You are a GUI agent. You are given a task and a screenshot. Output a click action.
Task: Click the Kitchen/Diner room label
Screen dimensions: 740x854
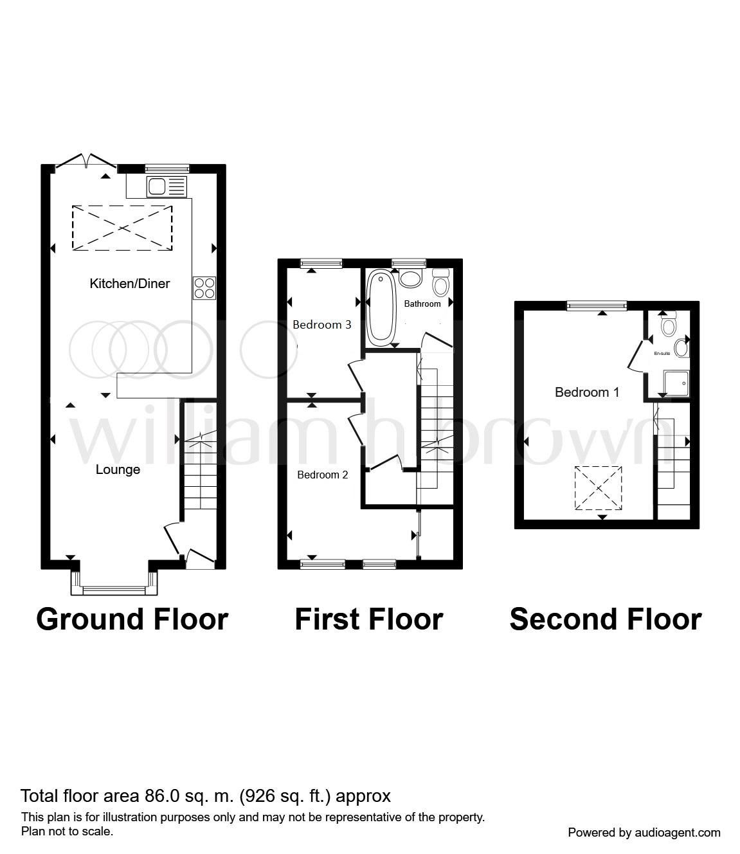(130, 284)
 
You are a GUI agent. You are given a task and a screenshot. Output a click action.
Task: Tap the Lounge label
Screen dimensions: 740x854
(118, 469)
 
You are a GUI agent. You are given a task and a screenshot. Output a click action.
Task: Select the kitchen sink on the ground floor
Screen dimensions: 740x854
(167, 186)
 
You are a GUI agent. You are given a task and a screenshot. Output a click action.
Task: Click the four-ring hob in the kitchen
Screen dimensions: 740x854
(204, 287)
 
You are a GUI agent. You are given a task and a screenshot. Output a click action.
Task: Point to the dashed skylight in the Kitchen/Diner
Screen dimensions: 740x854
(122, 228)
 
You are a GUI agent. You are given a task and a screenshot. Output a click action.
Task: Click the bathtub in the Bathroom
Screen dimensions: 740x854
(381, 308)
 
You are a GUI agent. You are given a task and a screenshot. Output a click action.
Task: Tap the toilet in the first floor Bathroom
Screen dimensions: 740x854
(441, 282)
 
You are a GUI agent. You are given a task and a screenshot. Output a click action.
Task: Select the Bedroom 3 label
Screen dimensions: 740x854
(322, 324)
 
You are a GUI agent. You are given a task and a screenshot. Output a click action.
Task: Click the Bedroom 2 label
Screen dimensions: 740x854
(323, 475)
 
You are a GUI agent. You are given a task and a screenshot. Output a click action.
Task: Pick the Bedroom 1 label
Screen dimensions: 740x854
(587, 392)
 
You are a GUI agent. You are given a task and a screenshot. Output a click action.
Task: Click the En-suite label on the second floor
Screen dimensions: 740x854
(662, 354)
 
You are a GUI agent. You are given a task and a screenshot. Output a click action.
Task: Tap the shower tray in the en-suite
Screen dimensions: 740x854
(676, 383)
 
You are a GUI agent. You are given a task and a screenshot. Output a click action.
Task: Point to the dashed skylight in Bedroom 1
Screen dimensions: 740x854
(599, 488)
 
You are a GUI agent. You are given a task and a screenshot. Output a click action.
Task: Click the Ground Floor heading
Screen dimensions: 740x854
(132, 619)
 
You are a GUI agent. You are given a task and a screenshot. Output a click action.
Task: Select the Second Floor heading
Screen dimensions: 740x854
(606, 619)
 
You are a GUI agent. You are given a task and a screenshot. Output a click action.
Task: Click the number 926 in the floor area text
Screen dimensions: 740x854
(261, 795)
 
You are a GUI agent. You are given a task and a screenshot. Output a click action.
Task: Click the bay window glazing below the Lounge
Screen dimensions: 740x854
(114, 590)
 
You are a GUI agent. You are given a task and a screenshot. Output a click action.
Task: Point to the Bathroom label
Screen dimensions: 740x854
(422, 304)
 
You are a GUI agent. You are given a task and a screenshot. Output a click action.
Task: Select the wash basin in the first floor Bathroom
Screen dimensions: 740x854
(410, 278)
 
